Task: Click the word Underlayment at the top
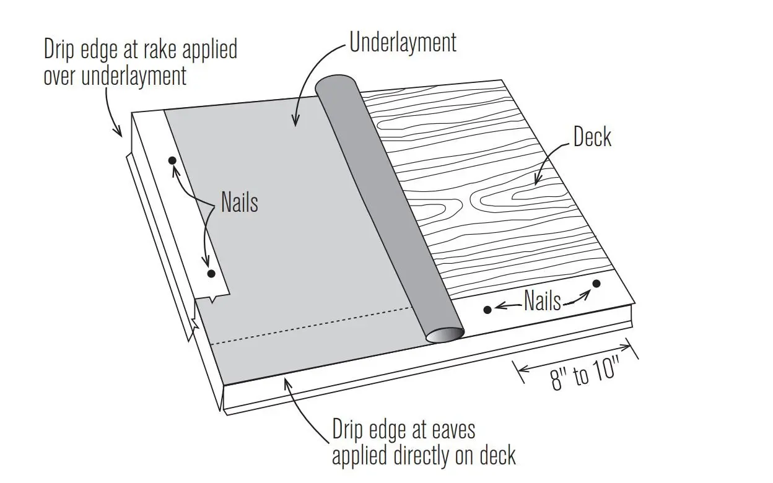(403, 43)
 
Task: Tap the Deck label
(592, 137)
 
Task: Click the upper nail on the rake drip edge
(172, 160)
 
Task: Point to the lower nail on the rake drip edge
(211, 273)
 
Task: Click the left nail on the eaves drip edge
(487, 309)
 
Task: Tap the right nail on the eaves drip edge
(596, 284)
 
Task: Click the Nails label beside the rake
(239, 202)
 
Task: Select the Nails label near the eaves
(543, 301)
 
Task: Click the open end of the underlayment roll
(445, 335)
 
